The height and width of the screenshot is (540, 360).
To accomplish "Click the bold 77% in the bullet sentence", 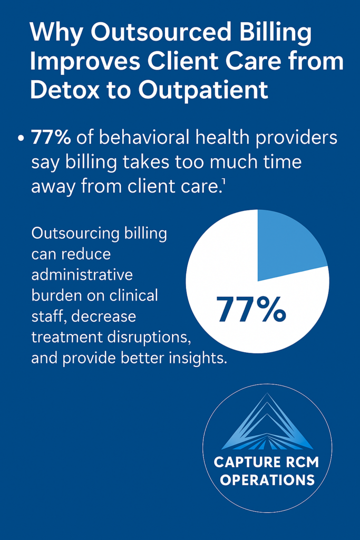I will (x=51, y=138).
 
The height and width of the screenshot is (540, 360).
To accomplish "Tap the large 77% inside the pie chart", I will (x=251, y=309).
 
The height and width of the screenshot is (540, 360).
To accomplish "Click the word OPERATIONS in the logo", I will (x=267, y=480).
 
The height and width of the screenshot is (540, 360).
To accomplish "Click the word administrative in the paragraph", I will (x=82, y=275).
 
